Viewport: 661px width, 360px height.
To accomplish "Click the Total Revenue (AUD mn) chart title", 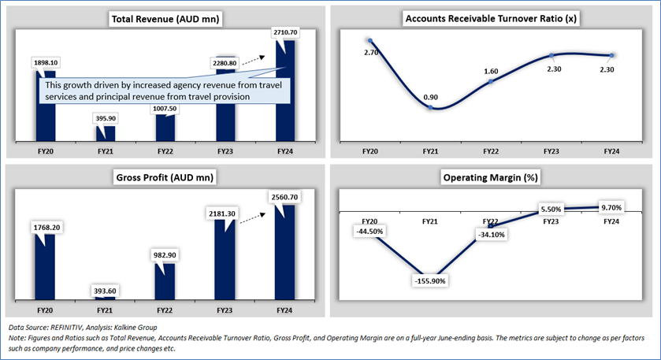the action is pyautogui.click(x=165, y=19).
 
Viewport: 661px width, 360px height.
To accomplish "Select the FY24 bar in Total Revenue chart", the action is pyautogui.click(x=285, y=91).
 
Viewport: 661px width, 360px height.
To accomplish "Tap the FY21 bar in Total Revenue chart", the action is pyautogui.click(x=106, y=134).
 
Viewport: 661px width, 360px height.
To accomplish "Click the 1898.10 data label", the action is pyautogui.click(x=46, y=63).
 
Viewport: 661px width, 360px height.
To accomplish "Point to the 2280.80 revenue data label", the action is pyautogui.click(x=225, y=63).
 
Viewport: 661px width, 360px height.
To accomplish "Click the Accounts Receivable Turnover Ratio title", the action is pyautogui.click(x=491, y=19).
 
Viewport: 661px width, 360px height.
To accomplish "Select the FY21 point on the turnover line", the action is pyautogui.click(x=430, y=107).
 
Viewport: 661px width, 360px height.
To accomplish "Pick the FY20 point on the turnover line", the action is pyautogui.click(x=370, y=41).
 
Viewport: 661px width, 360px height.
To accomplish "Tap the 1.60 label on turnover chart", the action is pyautogui.click(x=491, y=71).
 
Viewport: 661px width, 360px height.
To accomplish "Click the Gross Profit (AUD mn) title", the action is pyautogui.click(x=165, y=177).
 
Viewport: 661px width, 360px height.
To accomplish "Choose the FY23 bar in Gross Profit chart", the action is pyautogui.click(x=225, y=259).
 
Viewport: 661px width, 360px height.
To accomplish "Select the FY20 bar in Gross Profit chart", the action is pyautogui.click(x=45, y=267).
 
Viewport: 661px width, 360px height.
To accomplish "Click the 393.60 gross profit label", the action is pyautogui.click(x=105, y=291).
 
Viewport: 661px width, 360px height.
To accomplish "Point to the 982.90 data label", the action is pyautogui.click(x=165, y=255).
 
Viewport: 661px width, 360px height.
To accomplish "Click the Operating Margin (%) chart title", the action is pyautogui.click(x=490, y=177).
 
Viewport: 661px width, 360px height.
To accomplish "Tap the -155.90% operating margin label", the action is pyautogui.click(x=430, y=280).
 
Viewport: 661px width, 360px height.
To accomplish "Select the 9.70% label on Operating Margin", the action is pyautogui.click(x=611, y=207).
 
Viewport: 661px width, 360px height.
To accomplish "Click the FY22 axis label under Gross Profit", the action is pyautogui.click(x=165, y=310).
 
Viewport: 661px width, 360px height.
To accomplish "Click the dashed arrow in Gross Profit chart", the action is pyautogui.click(x=253, y=218).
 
